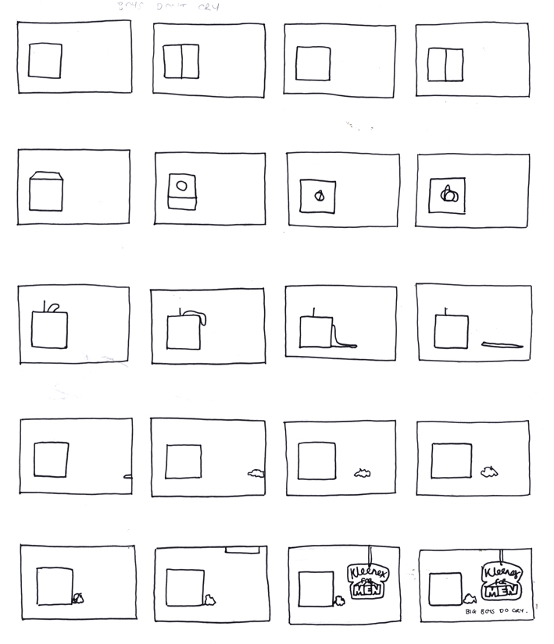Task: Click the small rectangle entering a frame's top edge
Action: [x=242, y=550]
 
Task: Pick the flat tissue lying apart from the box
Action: [x=505, y=344]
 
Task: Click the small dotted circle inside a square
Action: [x=319, y=196]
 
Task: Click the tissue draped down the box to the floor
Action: [x=341, y=337]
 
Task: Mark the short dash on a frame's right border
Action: [x=127, y=476]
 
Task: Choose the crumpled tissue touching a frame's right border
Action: [x=256, y=473]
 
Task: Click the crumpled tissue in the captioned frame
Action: [x=470, y=599]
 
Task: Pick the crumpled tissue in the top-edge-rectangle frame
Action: [x=210, y=599]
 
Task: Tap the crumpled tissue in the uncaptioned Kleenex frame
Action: [x=340, y=601]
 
